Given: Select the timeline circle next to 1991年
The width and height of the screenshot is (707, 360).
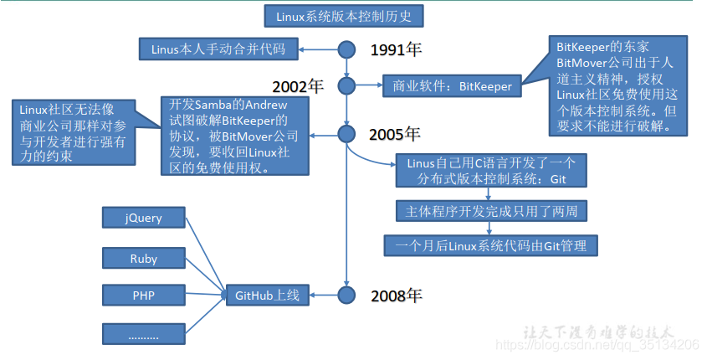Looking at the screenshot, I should coord(347,49).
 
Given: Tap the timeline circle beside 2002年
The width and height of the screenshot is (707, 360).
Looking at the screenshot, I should coord(347,85).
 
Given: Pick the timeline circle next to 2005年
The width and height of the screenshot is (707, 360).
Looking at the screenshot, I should coord(347,132).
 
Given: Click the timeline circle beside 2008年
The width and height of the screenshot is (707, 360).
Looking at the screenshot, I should coord(347,294).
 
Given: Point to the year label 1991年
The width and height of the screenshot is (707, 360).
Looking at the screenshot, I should coord(396,49).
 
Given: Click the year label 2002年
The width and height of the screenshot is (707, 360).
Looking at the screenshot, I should coord(297,85).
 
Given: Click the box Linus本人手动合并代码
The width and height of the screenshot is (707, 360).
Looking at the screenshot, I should coord(218,49).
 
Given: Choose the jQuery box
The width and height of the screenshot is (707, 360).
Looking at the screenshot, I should coord(144,219).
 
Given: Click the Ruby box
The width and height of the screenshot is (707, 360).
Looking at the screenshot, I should coord(144,259).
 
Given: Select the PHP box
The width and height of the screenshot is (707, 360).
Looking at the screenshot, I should coord(144,296).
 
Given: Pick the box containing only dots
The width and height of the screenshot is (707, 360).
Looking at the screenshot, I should coord(144,334).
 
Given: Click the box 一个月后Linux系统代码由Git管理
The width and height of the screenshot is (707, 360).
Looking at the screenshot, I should coord(491,245).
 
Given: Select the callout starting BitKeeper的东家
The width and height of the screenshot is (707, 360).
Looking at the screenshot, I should coord(618,86).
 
